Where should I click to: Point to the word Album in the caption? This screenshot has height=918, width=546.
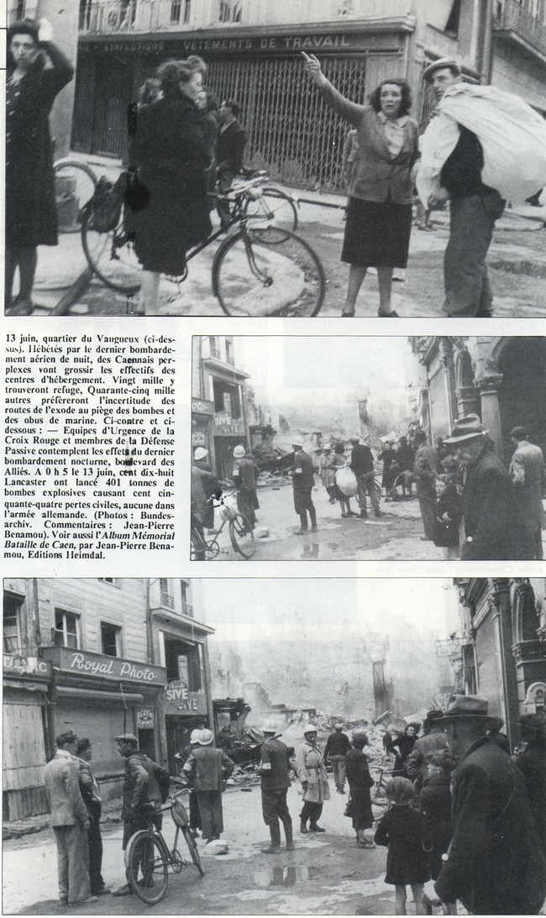click(x=113, y=538)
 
